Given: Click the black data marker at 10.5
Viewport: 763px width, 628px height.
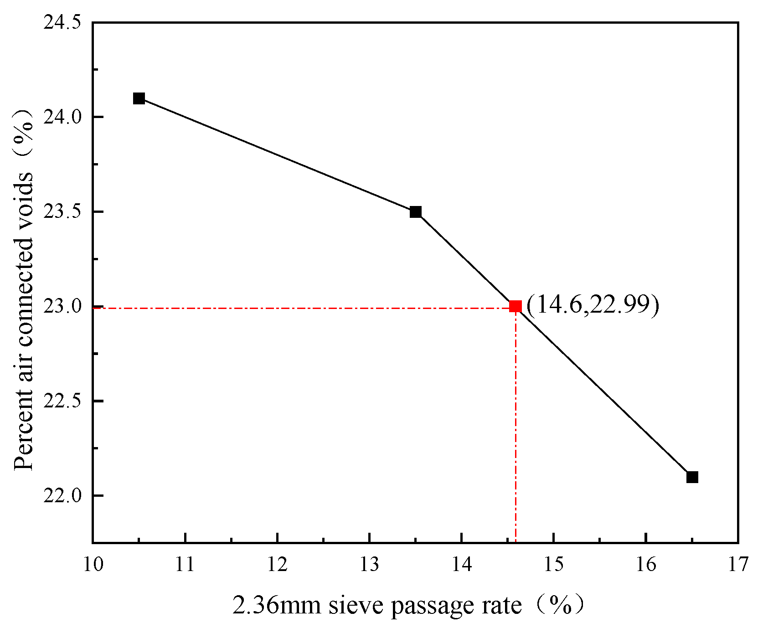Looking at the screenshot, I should click(x=139, y=98).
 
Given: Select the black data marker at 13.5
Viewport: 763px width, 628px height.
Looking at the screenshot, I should click(x=415, y=212).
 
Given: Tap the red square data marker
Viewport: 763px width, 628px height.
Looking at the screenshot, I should click(x=516, y=306).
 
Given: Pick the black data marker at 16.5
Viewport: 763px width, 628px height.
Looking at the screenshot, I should click(x=692, y=477).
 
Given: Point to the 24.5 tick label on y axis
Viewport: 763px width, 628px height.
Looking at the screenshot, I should click(x=62, y=22).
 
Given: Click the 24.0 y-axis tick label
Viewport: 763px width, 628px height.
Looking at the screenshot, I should click(x=62, y=117).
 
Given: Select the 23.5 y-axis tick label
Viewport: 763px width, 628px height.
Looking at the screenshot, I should click(x=62, y=212).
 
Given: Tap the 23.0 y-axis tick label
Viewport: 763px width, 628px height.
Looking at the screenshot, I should click(x=62, y=306).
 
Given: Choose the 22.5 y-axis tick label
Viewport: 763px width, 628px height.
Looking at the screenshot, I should click(x=62, y=401).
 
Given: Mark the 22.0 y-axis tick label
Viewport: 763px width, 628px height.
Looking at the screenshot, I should click(x=62, y=496).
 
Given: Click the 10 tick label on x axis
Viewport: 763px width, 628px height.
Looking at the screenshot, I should click(x=93, y=565).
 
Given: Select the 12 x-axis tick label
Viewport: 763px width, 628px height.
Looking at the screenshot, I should click(x=277, y=565).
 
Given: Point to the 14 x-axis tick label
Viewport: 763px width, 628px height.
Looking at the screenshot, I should click(x=461, y=565).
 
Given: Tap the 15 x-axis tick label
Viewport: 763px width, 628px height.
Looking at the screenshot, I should click(x=553, y=565).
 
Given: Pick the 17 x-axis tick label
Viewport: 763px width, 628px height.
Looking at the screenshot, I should click(x=737, y=565).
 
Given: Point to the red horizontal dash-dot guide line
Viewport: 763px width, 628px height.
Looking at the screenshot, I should click(x=296, y=308).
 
